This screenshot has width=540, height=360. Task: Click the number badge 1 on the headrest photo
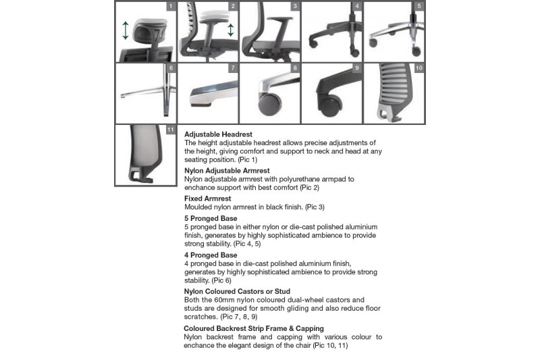click(x=171, y=7)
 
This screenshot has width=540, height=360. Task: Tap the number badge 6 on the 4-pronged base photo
click(x=171, y=68)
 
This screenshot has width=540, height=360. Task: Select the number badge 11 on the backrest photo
click(x=170, y=130)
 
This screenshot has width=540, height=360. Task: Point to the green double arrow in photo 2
click(x=231, y=30)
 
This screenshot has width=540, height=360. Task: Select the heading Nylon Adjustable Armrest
click(x=227, y=171)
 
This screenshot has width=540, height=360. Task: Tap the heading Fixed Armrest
click(x=208, y=199)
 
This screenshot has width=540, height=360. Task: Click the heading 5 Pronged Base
click(x=210, y=218)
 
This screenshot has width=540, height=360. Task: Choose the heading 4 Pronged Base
click(x=210, y=255)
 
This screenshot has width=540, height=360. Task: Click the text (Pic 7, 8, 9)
click(x=238, y=316)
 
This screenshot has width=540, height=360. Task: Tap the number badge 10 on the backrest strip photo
click(x=418, y=68)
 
